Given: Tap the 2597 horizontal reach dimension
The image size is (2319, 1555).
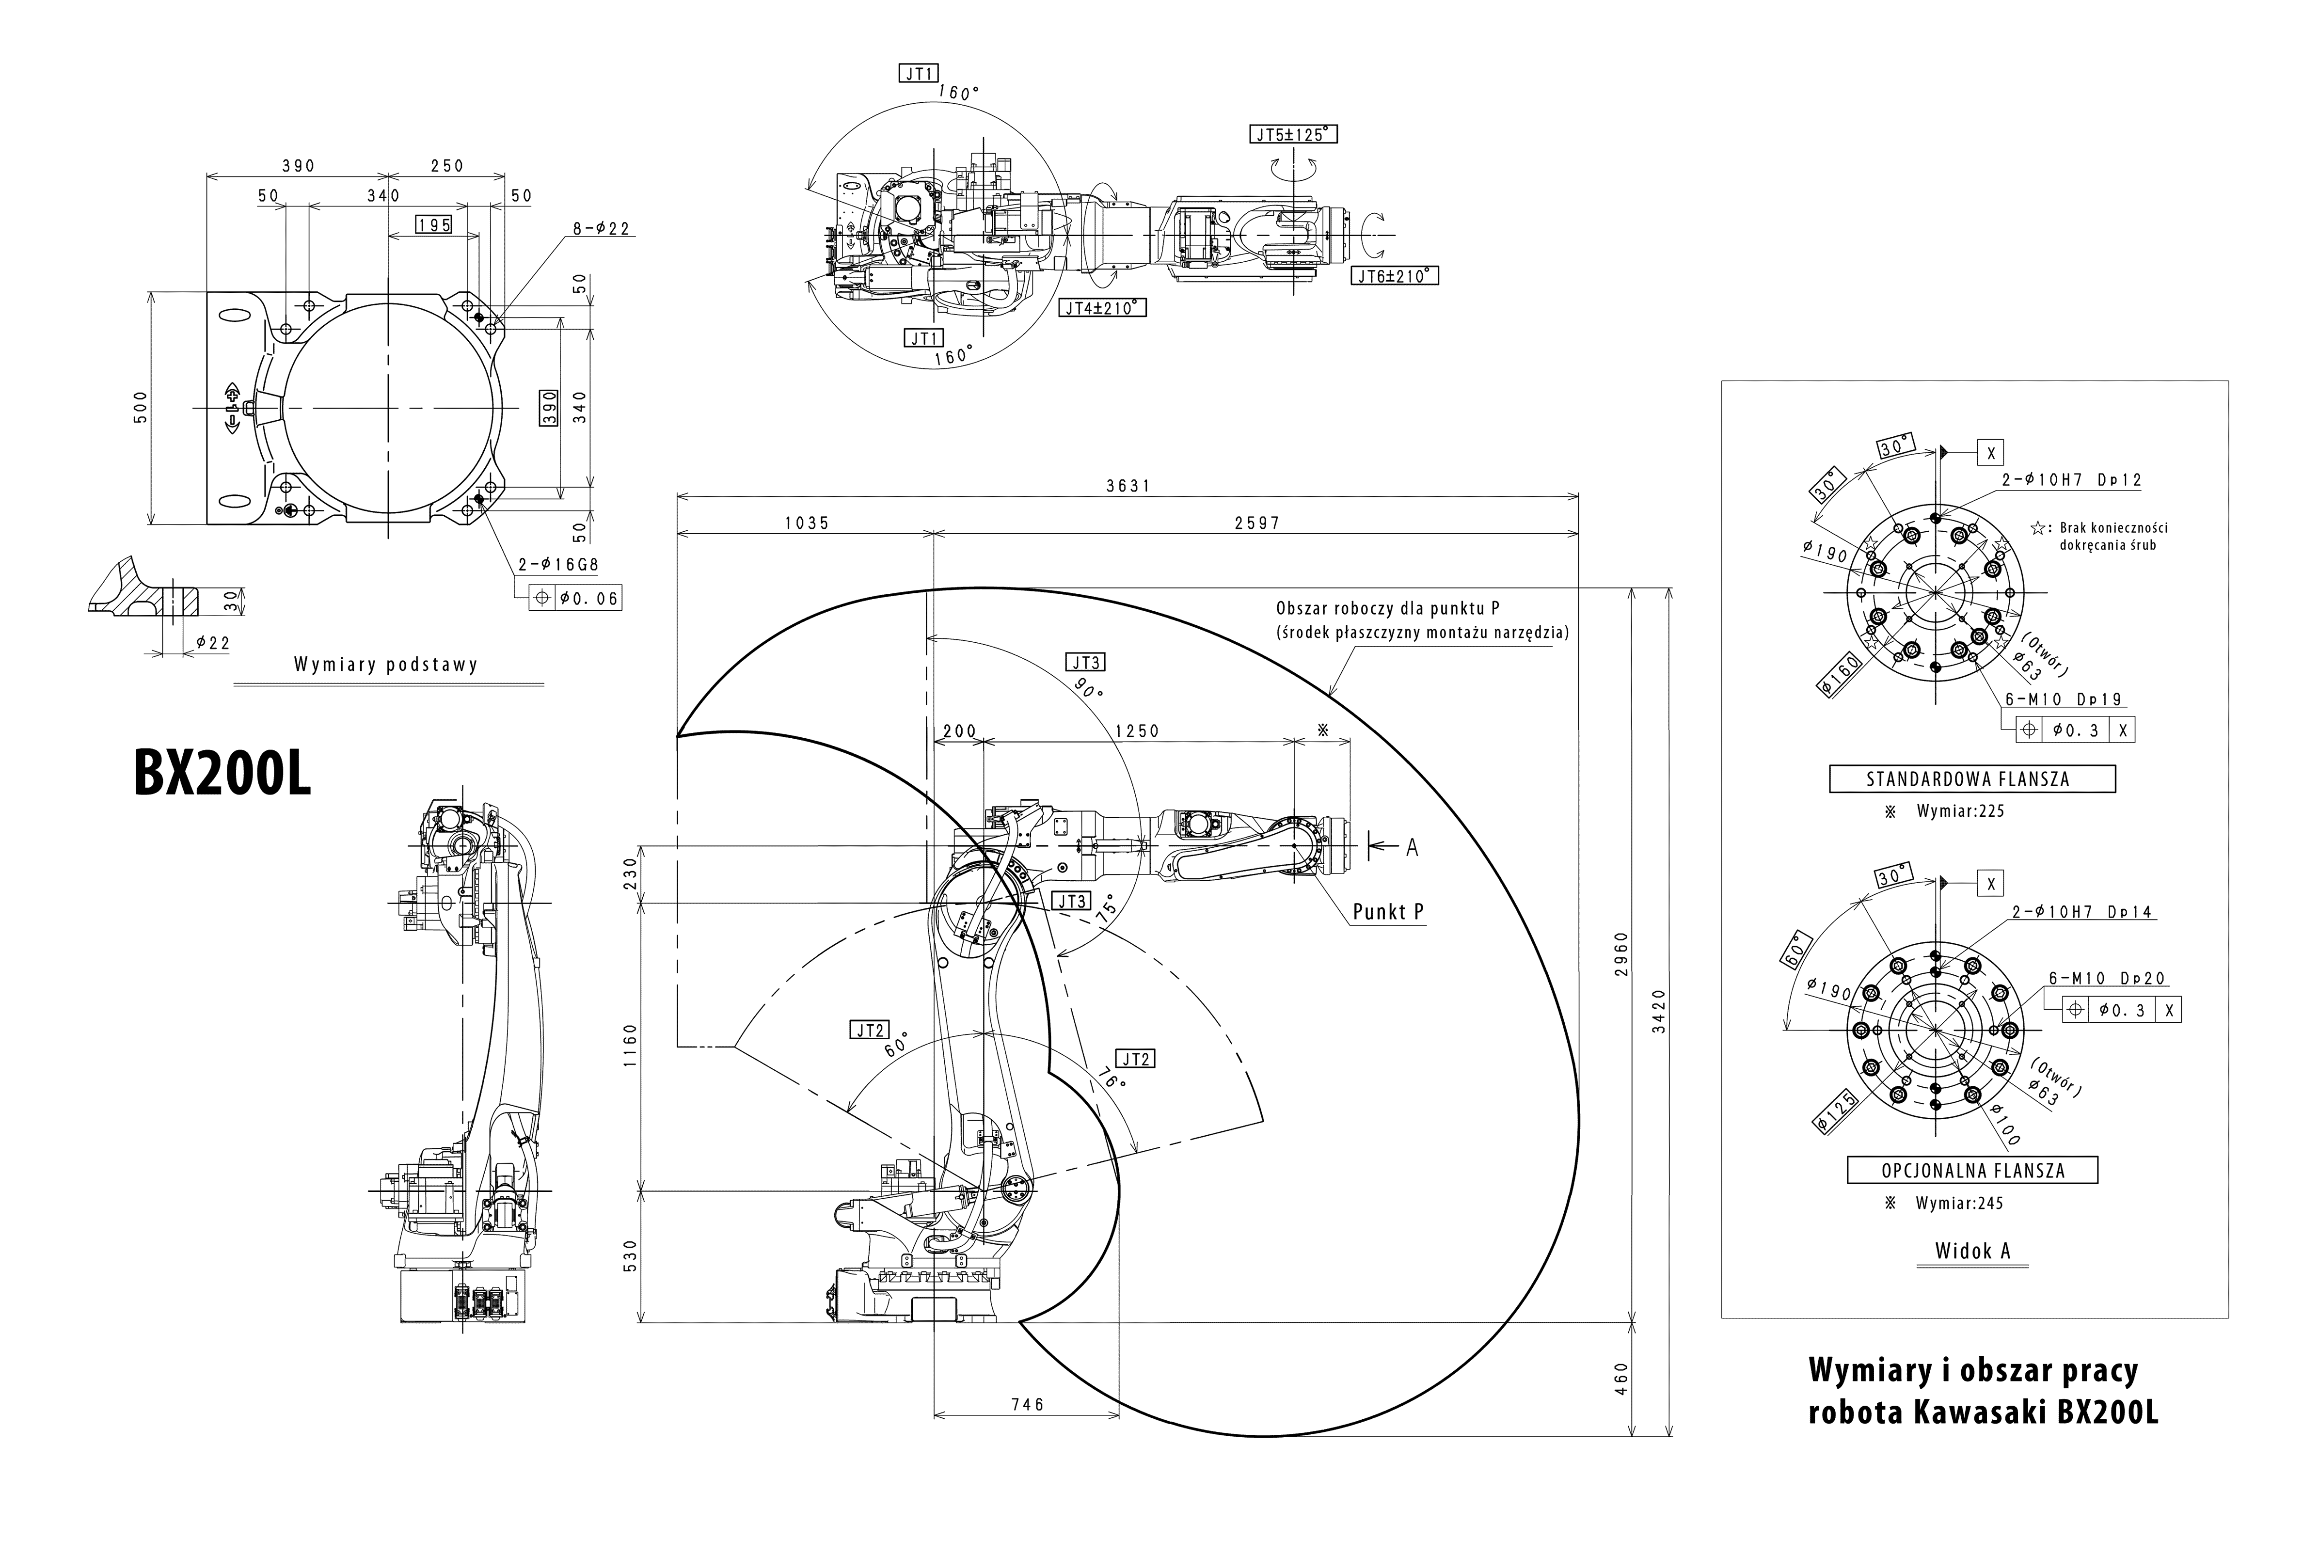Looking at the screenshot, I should pyautogui.click(x=1257, y=523).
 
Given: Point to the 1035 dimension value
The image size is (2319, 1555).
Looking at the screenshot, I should pyautogui.click(x=806, y=523).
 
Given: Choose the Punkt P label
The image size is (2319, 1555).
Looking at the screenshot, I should pyautogui.click(x=1388, y=911).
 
